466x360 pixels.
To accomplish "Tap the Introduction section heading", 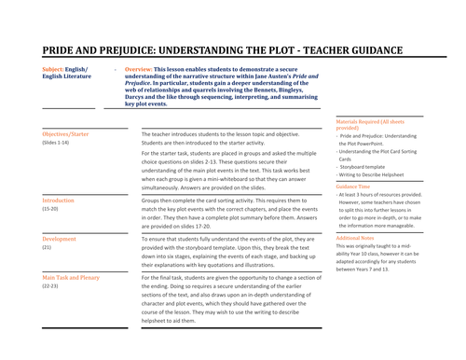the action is click(x=61, y=201).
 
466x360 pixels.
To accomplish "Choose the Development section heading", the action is click(x=60, y=239).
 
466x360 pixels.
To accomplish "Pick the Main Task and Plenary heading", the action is click(x=72, y=278).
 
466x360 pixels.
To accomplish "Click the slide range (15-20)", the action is click(x=51, y=210).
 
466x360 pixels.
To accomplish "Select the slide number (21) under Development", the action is click(x=47, y=248).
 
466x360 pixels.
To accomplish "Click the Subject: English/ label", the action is click(x=66, y=70).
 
